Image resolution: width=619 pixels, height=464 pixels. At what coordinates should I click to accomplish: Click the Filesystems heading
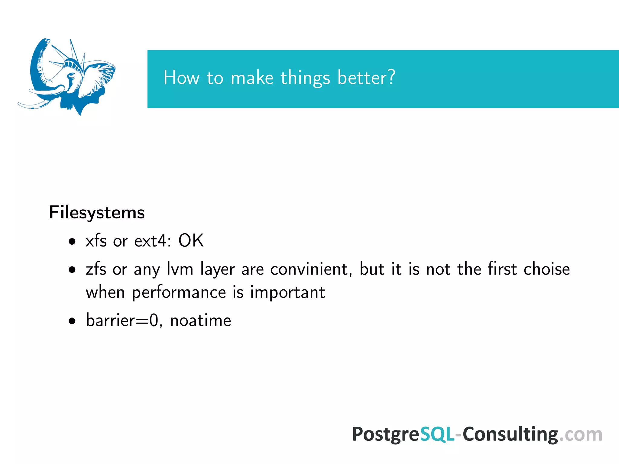click(97, 213)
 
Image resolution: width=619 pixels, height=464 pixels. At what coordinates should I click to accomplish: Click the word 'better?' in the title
click(366, 77)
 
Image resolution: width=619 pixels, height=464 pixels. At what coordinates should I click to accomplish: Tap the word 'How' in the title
click(181, 77)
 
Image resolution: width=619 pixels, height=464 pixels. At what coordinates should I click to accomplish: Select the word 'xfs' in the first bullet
click(96, 241)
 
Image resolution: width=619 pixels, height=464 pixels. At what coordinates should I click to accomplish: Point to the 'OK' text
click(191, 241)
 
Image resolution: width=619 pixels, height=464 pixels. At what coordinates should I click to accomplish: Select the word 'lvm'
click(180, 269)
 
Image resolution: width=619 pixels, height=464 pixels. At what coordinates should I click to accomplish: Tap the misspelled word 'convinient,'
click(311, 269)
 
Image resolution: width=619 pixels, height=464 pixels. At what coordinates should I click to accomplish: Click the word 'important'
click(287, 292)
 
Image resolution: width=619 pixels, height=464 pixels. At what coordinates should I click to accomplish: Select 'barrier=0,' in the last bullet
click(124, 320)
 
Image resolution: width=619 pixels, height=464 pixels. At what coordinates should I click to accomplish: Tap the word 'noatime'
click(200, 320)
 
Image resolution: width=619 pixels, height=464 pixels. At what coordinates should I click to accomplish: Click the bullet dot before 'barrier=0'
click(72, 321)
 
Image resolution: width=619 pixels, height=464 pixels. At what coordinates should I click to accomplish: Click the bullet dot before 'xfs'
click(72, 242)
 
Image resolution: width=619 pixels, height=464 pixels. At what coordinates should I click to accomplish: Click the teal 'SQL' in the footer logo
click(437, 434)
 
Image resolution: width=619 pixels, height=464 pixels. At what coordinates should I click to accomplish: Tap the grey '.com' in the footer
click(580, 434)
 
